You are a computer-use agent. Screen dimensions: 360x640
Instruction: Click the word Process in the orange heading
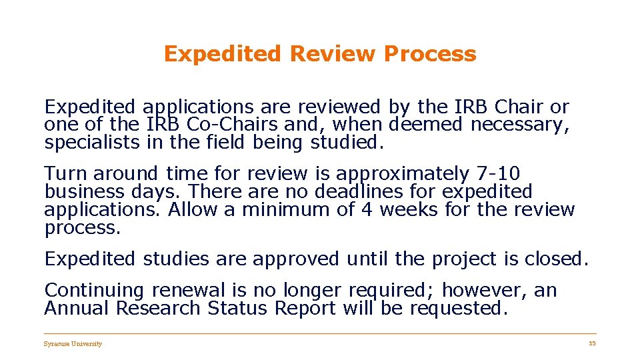[x=430, y=53]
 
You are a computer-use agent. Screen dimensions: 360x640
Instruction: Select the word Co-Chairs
[x=225, y=124]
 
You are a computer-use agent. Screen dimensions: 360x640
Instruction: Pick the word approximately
[x=402, y=173]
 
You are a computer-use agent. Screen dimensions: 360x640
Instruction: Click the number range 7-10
[x=499, y=173]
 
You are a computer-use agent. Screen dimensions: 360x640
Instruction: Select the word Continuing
[x=94, y=290]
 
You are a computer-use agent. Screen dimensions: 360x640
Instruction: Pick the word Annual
[x=77, y=308]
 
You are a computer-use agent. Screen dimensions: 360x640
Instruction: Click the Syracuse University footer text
[x=73, y=344]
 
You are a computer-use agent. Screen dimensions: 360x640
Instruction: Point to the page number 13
[x=592, y=343]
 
